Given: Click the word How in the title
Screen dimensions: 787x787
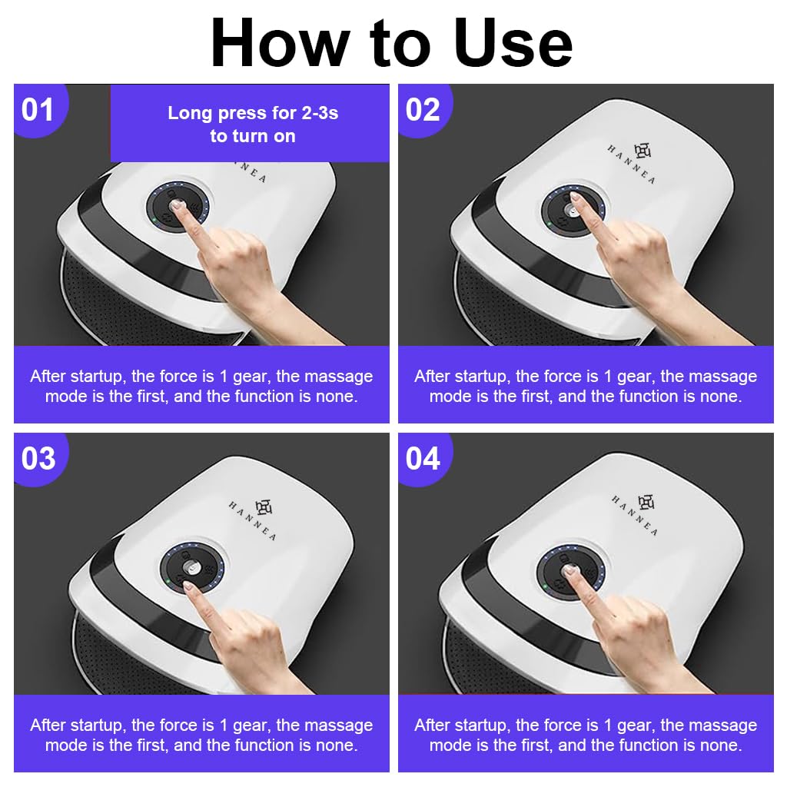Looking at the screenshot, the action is point(280,43).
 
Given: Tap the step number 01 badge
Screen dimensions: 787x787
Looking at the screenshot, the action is point(38,109).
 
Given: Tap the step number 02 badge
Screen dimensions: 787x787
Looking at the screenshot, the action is point(423,109).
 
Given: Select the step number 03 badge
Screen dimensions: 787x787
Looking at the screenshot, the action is point(38,458).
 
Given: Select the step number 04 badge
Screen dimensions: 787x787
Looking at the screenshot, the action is point(423,458).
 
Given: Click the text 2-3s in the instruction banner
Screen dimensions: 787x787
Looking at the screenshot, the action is point(320,113).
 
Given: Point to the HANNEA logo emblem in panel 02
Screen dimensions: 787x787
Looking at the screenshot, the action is point(643,151).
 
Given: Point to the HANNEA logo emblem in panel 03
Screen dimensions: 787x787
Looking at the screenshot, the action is point(263,507).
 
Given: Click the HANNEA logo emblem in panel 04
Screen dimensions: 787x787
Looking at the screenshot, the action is point(646,502).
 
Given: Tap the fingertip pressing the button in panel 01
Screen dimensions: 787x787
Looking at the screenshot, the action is point(178,206).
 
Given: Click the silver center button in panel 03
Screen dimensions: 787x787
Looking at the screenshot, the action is point(191,568).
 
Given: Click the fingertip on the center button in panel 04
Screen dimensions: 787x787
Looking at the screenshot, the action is point(570,570).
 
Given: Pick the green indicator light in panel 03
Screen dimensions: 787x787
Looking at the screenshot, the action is point(168,581).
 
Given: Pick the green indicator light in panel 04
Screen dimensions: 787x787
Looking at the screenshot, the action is point(545,586).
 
